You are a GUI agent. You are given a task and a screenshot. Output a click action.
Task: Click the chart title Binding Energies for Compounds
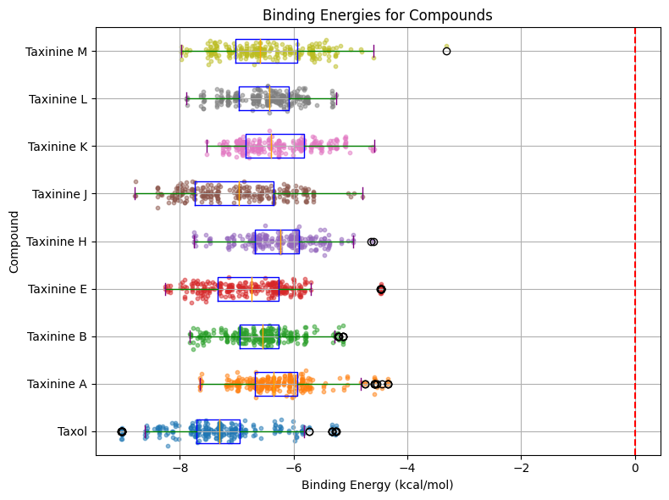pyautogui.click(x=377, y=15)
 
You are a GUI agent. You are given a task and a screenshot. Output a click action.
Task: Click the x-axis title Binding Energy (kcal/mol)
pyautogui.click(x=377, y=486)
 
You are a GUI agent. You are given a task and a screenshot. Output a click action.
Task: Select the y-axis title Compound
pyautogui.click(x=14, y=242)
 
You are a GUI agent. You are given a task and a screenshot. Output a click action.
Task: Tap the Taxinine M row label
pyautogui.click(x=56, y=51)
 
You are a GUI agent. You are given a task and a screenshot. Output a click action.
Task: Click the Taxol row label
pyautogui.click(x=72, y=431)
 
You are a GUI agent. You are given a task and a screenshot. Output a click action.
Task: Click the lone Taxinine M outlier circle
pyautogui.click(x=446, y=51)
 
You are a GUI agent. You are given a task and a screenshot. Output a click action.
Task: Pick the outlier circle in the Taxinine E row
pyautogui.click(x=381, y=290)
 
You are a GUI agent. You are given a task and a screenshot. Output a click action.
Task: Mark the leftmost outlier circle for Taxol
pyautogui.click(x=122, y=432)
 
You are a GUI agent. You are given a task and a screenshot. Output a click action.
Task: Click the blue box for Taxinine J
pyautogui.click(x=234, y=193)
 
